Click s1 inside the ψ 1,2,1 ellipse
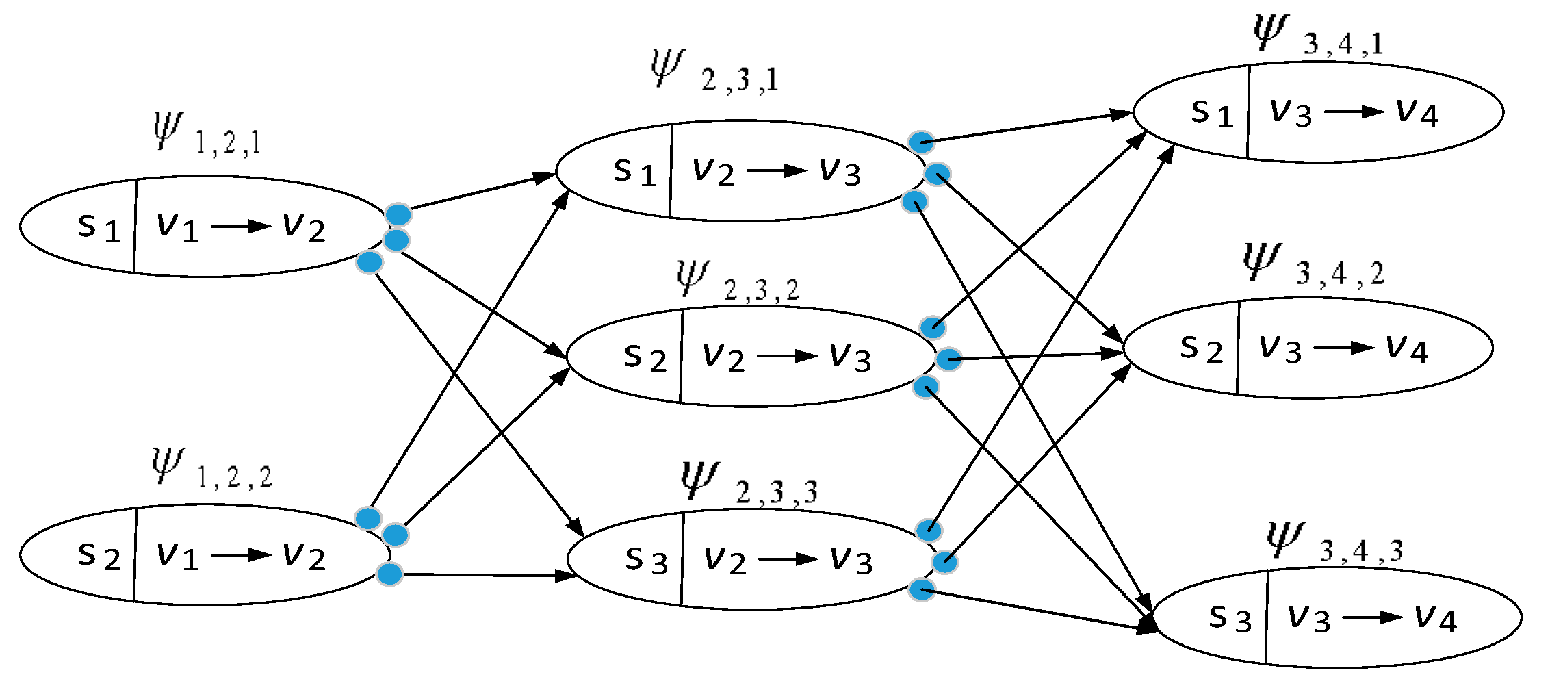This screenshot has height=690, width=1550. pos(99,226)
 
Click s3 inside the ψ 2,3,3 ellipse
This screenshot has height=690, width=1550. pos(646,559)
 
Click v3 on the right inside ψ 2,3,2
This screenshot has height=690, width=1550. pos(850,357)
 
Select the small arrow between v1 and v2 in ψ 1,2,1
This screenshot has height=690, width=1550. pos(241,226)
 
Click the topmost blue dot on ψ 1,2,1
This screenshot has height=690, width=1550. pos(398,215)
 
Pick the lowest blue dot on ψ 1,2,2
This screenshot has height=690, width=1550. pos(389,574)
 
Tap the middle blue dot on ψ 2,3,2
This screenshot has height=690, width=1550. pos(948,359)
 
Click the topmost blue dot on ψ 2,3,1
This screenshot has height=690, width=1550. pos(921,142)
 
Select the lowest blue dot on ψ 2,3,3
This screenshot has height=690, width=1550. pos(922,589)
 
